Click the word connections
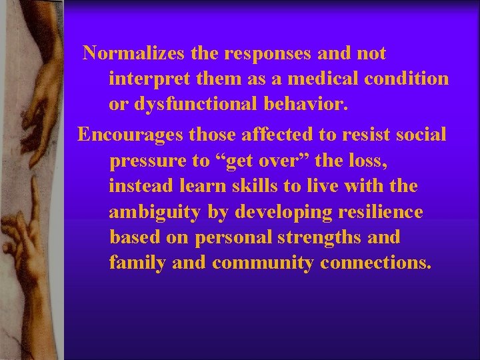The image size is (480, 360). pyautogui.click(x=375, y=263)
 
